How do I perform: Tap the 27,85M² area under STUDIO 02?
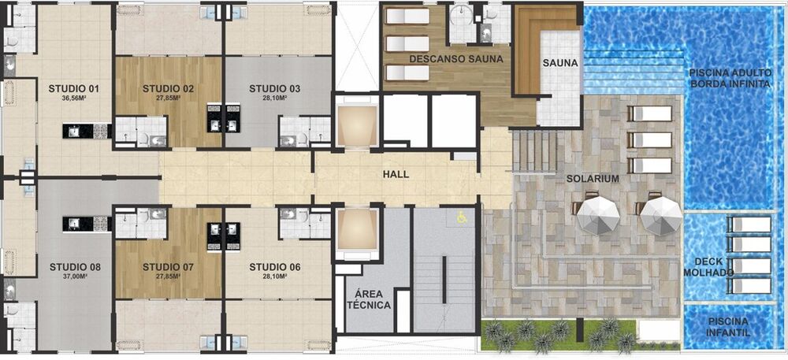pos(168,98)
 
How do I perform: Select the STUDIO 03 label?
pos(274,87)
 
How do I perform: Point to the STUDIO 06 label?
pos(274,266)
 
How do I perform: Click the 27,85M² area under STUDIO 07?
pos(168,277)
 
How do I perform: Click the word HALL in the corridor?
pos(396,174)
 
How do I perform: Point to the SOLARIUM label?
pos(592,179)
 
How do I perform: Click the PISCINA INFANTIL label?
pos(728,327)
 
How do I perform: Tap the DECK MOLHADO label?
pos(714,266)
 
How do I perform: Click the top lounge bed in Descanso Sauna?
pos(406,17)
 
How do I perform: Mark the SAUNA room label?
pos(560,63)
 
